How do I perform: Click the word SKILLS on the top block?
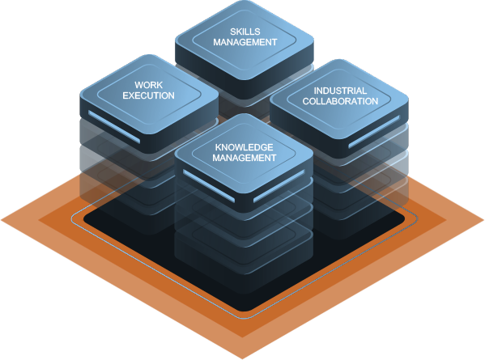pyautogui.click(x=245, y=32)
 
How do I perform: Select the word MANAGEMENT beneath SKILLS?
pyautogui.click(x=245, y=42)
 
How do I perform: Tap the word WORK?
pyautogui.click(x=148, y=85)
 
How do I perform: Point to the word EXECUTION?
pyautogui.click(x=148, y=95)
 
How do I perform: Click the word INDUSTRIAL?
pyautogui.click(x=340, y=91)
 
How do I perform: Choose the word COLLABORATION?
pyautogui.click(x=340, y=101)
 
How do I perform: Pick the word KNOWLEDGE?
pyautogui.click(x=244, y=147)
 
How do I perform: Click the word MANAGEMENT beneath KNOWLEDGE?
pyautogui.click(x=244, y=158)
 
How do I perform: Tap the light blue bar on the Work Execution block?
pyautogui.click(x=114, y=127)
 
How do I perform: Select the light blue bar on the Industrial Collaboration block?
pyautogui.click(x=374, y=132)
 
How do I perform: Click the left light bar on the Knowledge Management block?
pyautogui.click(x=209, y=186)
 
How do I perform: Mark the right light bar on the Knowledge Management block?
pyautogui.click(x=279, y=186)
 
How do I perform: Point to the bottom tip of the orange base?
pyautogui.click(x=243, y=358)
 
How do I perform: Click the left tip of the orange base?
pyautogui.click(x=2, y=220)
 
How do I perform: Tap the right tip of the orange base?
pyautogui.click(x=483, y=220)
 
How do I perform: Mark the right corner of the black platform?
pyautogui.click(x=404, y=218)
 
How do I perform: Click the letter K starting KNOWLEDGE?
pyautogui.click(x=219, y=147)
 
